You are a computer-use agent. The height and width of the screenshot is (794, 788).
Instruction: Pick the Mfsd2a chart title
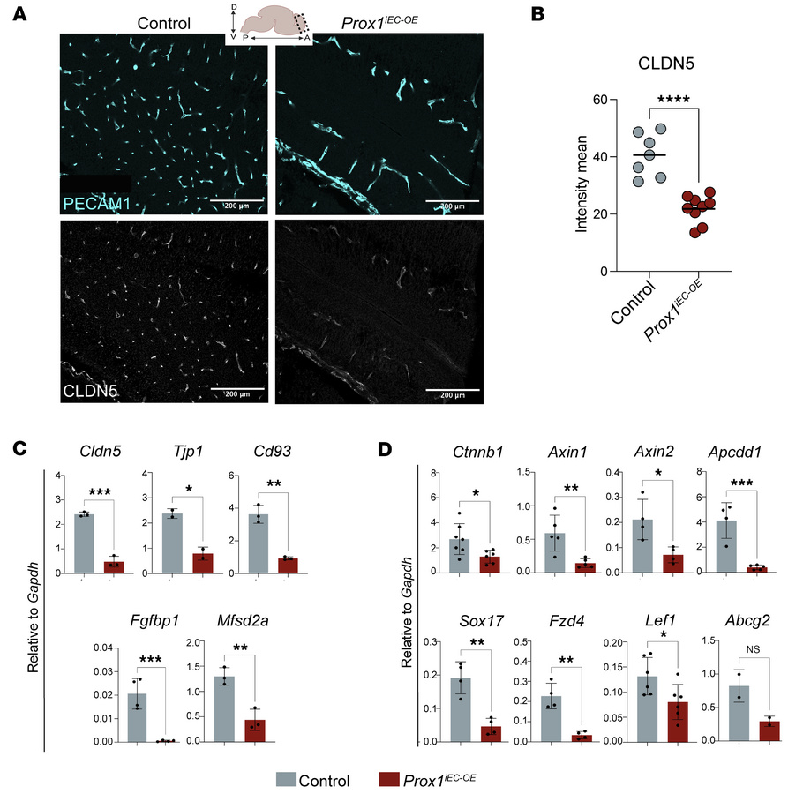coord(222,619)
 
